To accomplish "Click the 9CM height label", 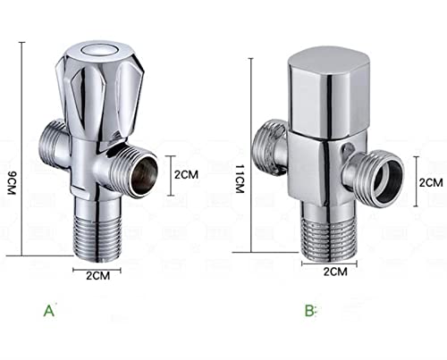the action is pyautogui.click(x=11, y=183).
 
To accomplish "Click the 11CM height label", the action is pyautogui.click(x=240, y=179).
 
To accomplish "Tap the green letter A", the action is pyautogui.click(x=49, y=311).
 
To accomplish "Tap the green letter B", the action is pyautogui.click(x=309, y=311).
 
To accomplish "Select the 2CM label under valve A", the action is pyautogui.click(x=98, y=275).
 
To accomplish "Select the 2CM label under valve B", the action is pyautogui.click(x=335, y=272).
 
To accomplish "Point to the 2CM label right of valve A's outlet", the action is pyautogui.click(x=186, y=174).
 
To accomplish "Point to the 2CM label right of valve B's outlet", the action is pyautogui.click(x=431, y=182).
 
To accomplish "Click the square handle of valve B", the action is pyautogui.click(x=329, y=91).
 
